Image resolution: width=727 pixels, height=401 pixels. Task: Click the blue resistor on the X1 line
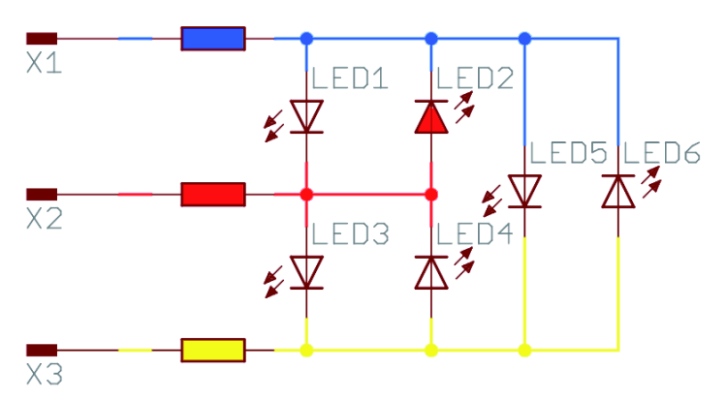(x=213, y=39)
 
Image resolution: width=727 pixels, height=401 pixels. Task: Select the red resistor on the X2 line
(x=213, y=195)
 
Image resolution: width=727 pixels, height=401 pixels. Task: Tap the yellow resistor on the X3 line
(x=213, y=350)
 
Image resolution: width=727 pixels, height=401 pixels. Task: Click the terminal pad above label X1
(x=42, y=39)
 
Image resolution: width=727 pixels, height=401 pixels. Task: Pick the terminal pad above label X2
(x=42, y=195)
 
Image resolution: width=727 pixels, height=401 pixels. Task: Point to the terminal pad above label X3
(x=42, y=350)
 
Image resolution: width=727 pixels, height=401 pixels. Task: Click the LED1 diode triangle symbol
(x=306, y=116)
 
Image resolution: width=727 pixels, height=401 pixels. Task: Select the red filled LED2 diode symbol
(x=431, y=116)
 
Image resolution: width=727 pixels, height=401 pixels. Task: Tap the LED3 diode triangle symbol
(x=306, y=272)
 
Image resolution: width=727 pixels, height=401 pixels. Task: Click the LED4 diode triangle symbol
(x=431, y=272)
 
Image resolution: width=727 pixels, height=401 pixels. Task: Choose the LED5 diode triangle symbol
(x=524, y=191)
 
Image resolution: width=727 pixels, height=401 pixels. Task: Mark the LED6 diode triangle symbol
(x=618, y=191)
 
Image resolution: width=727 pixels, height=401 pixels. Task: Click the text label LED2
(x=475, y=78)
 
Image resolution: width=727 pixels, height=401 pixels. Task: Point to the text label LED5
(x=568, y=153)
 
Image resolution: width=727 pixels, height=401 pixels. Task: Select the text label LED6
(x=662, y=153)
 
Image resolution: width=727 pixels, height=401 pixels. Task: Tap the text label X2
(x=45, y=219)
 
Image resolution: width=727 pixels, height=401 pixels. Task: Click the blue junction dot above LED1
(x=306, y=39)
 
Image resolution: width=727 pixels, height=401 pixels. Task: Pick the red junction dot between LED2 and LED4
(x=431, y=195)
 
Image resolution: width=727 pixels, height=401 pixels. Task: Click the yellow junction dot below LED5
(x=524, y=350)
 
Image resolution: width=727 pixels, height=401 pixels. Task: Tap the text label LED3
(x=350, y=233)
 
